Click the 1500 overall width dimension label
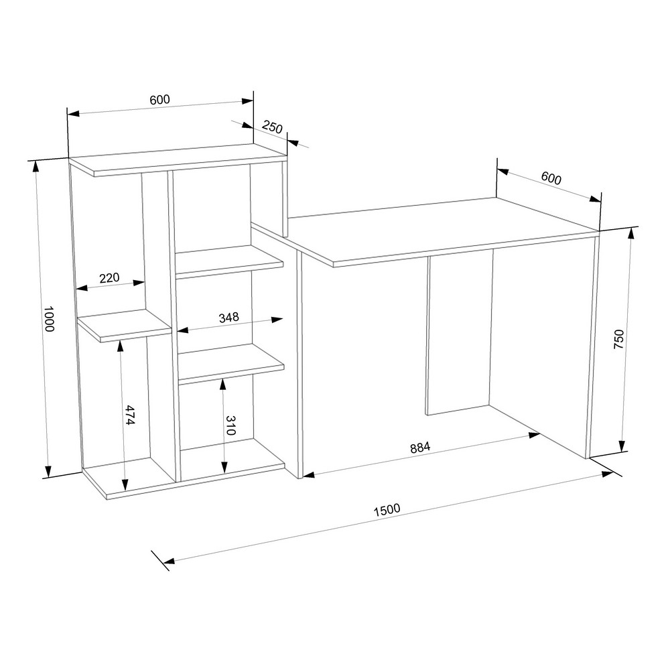pyautogui.click(x=387, y=510)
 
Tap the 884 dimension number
pyautogui.click(x=420, y=448)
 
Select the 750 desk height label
pyautogui.click(x=619, y=339)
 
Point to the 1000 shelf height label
pyautogui.click(x=49, y=319)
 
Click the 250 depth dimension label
pyautogui.click(x=272, y=127)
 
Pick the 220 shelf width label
pyautogui.click(x=109, y=278)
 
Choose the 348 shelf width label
pyautogui.click(x=228, y=318)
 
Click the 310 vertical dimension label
pyautogui.click(x=230, y=425)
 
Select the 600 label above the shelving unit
pyautogui.click(x=160, y=100)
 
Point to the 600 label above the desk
pyautogui.click(x=551, y=178)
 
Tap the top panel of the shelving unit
pyautogui.click(x=178, y=159)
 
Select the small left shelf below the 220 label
pyautogui.click(x=125, y=325)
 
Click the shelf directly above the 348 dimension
pyautogui.click(x=229, y=261)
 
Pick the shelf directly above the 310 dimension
pyautogui.click(x=231, y=362)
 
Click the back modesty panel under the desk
pyautogui.click(x=460, y=332)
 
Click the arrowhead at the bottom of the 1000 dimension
pyautogui.click(x=48, y=470)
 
